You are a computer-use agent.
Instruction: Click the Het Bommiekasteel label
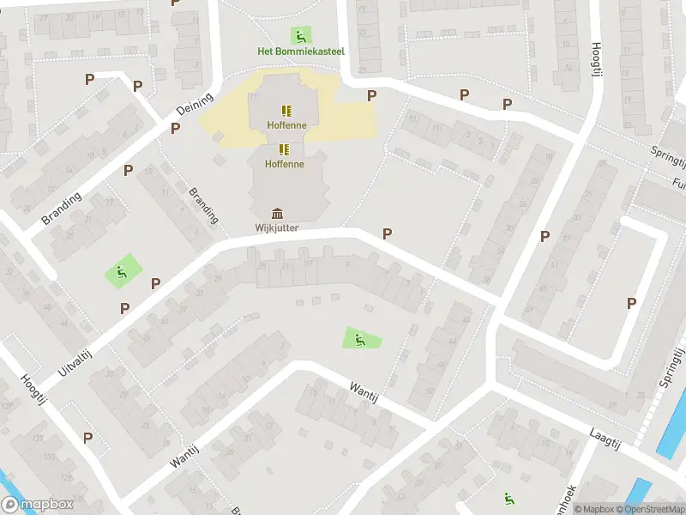coord(300,51)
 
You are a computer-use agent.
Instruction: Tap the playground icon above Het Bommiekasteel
coord(300,36)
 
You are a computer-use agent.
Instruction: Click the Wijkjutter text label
coord(277,227)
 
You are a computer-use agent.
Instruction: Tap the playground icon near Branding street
coord(122,272)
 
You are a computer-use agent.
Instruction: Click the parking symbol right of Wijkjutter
coord(388,233)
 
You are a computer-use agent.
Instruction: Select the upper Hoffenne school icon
coord(286,111)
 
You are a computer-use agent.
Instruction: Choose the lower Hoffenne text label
coord(284,163)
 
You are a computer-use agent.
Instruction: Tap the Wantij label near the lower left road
coord(184,452)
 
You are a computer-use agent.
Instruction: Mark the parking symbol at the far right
coord(632,302)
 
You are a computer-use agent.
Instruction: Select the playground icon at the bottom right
coord(508,497)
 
